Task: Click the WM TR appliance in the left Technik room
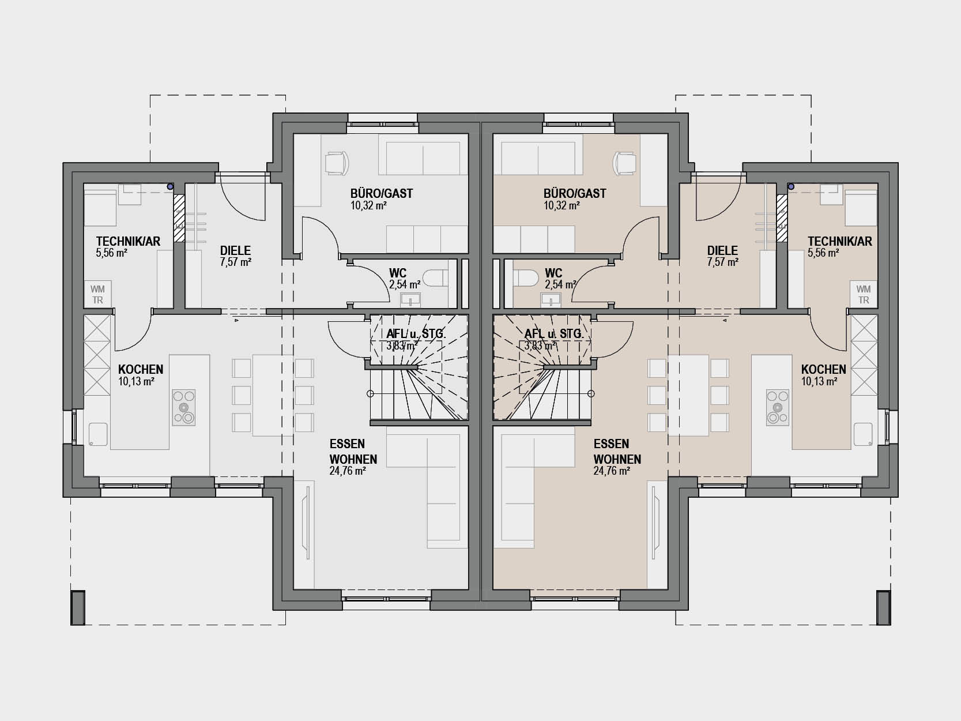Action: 97,294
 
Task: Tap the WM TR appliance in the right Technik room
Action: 864,294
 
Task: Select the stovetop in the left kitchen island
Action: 183,407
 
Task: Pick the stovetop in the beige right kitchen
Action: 778,407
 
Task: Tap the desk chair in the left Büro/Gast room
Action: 336,163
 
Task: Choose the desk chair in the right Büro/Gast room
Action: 625,163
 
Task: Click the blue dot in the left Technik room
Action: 170,187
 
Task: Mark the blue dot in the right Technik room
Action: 791,187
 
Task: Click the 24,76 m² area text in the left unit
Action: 348,471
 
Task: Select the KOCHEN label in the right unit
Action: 824,369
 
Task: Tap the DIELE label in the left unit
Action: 236,250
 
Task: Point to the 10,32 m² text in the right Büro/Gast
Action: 561,205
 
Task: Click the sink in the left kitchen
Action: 98,434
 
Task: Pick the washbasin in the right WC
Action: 551,300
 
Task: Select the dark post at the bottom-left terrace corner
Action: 77,608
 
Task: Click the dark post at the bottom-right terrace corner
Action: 884,608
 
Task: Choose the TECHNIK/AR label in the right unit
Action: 840,241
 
